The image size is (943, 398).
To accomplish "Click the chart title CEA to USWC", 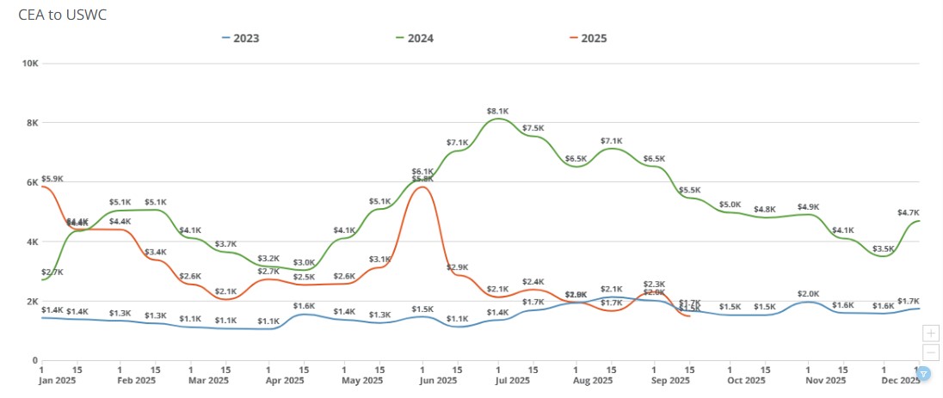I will click(62, 15).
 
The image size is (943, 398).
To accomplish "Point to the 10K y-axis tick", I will click(28, 64).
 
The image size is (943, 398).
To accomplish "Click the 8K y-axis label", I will click(31, 123).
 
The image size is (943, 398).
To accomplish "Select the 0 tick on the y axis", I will click(34, 361).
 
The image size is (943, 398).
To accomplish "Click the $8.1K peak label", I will click(497, 111).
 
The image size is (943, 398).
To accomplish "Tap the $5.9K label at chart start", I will click(52, 179).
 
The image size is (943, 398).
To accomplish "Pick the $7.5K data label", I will click(533, 128).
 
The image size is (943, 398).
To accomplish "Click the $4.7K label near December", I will click(909, 212).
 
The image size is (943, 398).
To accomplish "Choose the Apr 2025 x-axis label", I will click(284, 380).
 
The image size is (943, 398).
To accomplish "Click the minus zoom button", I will click(930, 352).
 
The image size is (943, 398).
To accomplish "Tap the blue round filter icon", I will click(923, 373).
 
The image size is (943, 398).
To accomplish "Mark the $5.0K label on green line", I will click(730, 205).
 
